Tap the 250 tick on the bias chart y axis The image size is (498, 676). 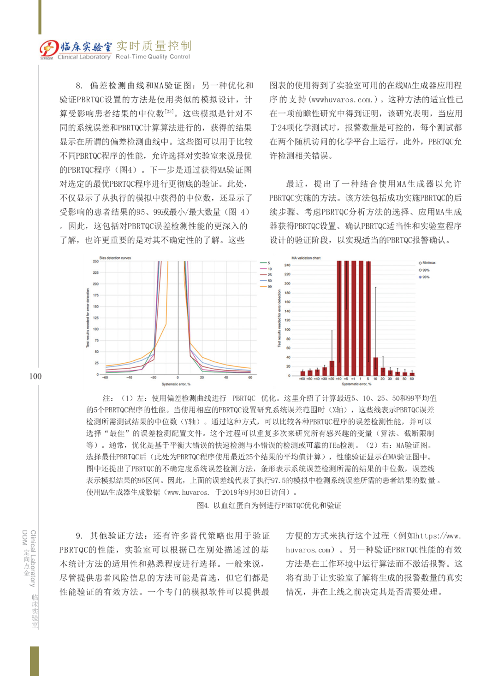[95, 261]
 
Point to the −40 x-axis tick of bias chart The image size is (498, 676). [130, 377]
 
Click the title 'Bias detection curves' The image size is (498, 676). [115, 258]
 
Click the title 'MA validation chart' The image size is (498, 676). [306, 258]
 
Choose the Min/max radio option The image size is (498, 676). [420, 263]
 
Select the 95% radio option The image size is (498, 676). [420, 277]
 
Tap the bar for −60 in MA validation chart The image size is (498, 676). [302, 373]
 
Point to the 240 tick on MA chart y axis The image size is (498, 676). [287, 265]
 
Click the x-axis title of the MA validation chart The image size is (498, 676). [356, 384]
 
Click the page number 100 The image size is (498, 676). [35, 376]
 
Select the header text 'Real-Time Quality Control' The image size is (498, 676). [153, 57]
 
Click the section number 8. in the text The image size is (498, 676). [79, 85]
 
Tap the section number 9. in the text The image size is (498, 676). [79, 536]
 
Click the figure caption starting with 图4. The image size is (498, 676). [269, 505]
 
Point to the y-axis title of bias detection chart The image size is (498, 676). [88, 318]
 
